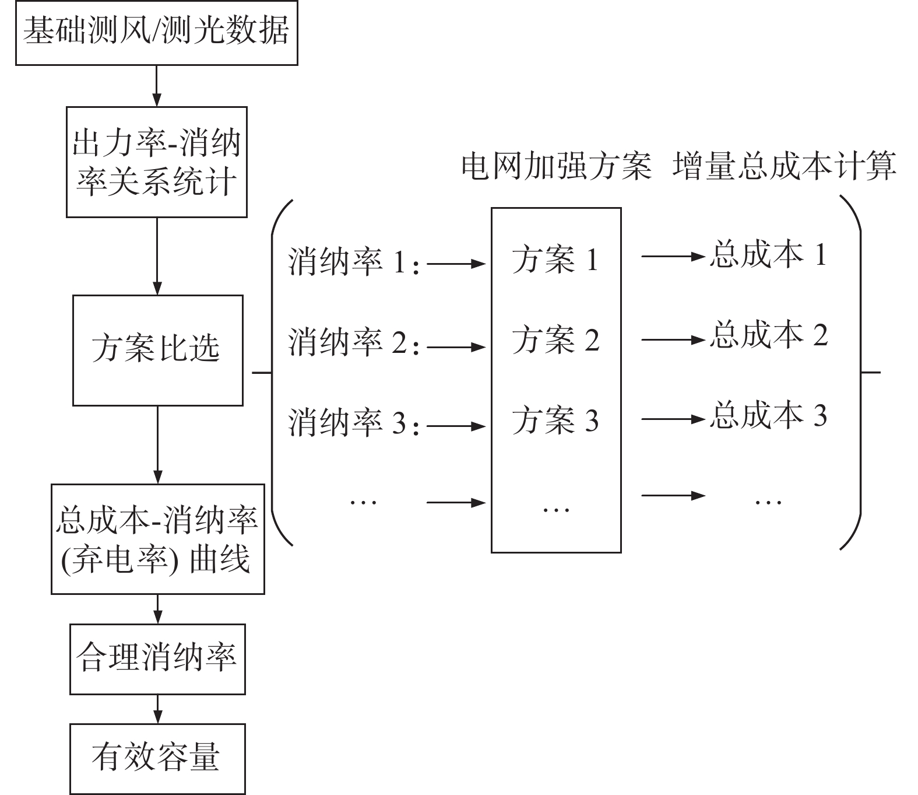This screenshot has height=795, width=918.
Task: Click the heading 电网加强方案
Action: [x=557, y=167]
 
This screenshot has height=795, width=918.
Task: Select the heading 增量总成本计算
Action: [x=785, y=167]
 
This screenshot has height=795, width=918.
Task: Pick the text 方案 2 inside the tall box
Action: [x=555, y=340]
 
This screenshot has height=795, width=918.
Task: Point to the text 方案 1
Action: [x=555, y=260]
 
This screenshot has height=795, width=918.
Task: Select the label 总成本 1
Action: [x=768, y=255]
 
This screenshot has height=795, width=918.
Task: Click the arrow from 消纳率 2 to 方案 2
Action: [x=456, y=347]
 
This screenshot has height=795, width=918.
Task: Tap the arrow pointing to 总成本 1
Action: [x=674, y=257]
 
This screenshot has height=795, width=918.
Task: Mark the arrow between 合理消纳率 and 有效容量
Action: [x=158, y=709]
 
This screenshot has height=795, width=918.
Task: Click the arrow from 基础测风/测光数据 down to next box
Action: [x=157, y=86]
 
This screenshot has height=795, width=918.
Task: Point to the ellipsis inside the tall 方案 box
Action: [x=556, y=510]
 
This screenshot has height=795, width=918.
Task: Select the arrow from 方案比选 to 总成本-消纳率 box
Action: [x=158, y=445]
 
